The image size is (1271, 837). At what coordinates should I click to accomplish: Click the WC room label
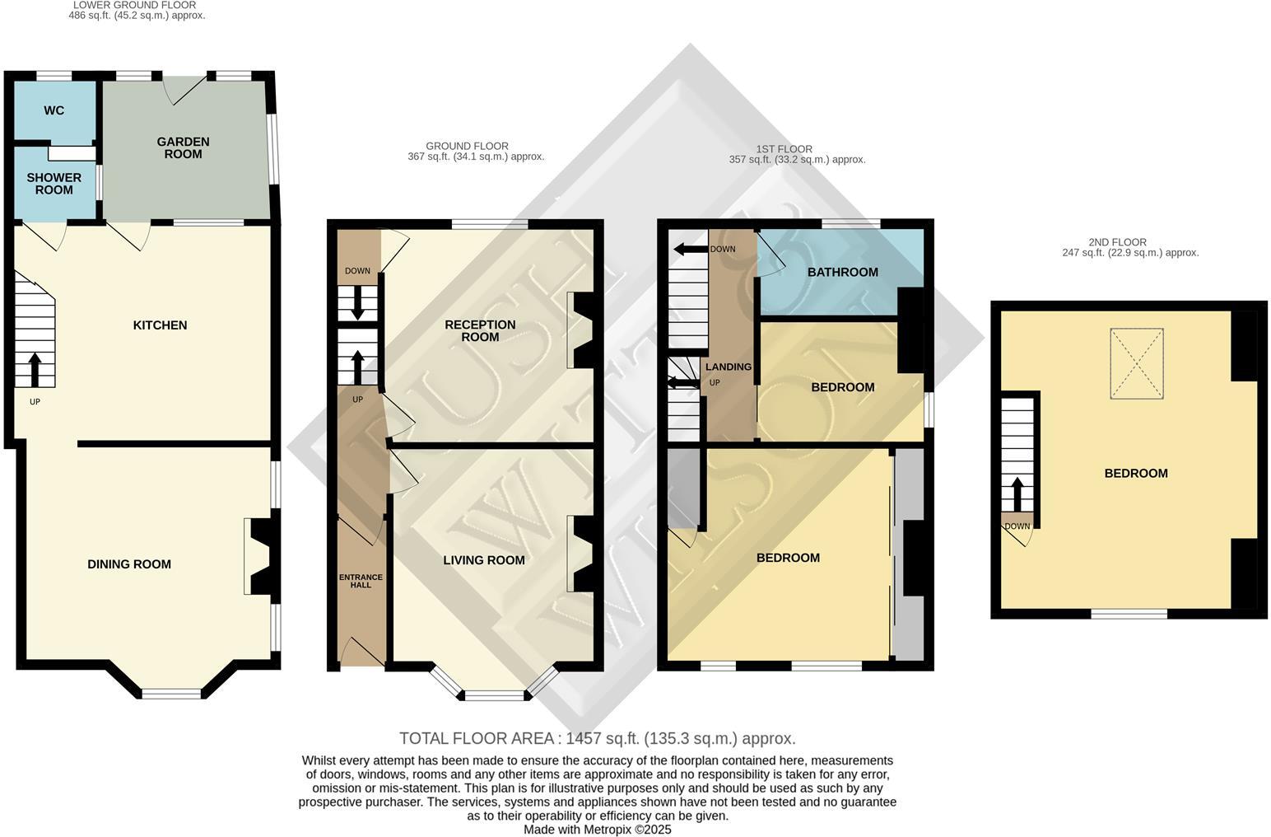point(54,110)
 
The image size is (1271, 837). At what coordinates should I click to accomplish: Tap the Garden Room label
point(183,147)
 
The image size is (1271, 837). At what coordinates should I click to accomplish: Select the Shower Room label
point(54,184)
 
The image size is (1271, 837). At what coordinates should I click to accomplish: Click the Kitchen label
point(160,325)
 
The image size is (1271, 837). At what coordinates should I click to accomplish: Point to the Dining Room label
point(129,564)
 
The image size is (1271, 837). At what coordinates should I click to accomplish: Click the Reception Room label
point(480,330)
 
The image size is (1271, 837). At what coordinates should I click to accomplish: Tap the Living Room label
point(483,560)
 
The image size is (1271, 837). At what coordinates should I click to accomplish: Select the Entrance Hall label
point(361,581)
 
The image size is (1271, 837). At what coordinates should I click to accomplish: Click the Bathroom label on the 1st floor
point(842,272)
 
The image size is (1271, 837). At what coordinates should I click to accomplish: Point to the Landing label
point(728,367)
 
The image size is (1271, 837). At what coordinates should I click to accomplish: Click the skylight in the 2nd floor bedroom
point(1136,363)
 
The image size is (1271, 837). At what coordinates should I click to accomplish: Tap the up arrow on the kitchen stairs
point(35,370)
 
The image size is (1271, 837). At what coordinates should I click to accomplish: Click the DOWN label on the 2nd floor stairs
point(1017,526)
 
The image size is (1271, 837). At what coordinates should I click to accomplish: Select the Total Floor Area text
point(597,738)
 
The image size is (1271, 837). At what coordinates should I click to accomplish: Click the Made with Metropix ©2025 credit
point(597,830)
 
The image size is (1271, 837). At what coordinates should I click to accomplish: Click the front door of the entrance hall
point(362,653)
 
